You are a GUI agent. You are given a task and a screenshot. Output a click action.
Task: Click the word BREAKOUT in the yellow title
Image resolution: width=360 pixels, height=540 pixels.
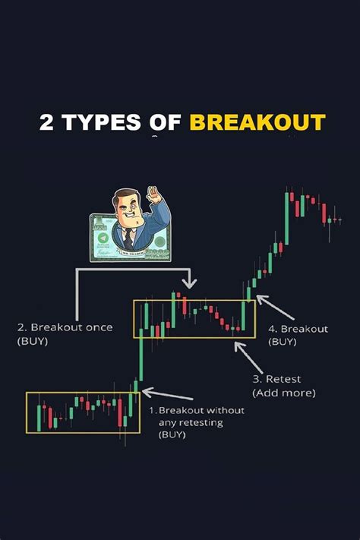[257, 122]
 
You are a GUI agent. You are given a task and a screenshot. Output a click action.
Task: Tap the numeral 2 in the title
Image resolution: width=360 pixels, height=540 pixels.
[46, 122]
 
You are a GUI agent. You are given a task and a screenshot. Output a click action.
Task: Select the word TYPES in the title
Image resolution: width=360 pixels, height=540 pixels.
[103, 122]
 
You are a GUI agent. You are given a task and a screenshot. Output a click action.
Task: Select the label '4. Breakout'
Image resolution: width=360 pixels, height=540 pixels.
[298, 329]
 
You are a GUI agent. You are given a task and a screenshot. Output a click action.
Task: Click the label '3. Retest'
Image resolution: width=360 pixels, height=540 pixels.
[276, 379]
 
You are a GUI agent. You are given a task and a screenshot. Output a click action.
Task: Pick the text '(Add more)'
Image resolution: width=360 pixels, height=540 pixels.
[284, 393]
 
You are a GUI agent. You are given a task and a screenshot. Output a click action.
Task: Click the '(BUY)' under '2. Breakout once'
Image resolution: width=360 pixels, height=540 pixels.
[33, 342]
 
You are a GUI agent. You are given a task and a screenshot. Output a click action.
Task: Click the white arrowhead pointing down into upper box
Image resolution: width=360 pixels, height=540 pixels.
[190, 283]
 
